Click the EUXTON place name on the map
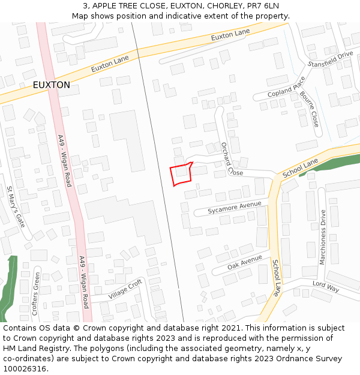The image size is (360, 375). (x=51, y=85)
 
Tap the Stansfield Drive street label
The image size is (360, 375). (x=330, y=59)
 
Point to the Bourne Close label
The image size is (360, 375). (x=310, y=109)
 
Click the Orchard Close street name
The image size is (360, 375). (x=231, y=159)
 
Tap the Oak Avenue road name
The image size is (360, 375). (x=245, y=262)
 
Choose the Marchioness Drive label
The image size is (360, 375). (x=323, y=237)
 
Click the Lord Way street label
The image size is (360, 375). (x=326, y=286)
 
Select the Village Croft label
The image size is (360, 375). (x=125, y=290)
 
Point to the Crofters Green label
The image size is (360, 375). (x=36, y=294)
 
